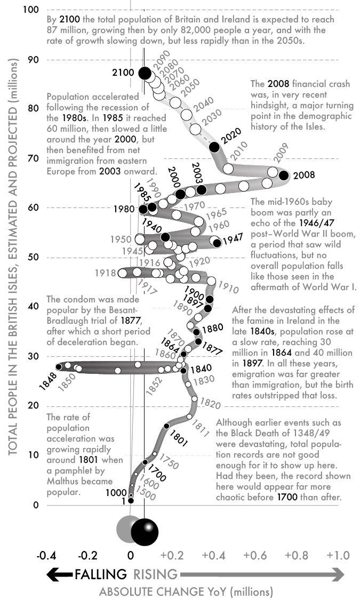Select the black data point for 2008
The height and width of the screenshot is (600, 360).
pyautogui.click(x=284, y=175)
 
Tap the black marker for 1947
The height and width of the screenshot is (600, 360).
pyautogui.click(x=217, y=243)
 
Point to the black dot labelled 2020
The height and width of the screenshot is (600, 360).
pyautogui.click(x=214, y=147)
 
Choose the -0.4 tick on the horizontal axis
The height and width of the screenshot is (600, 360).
pyautogui.click(x=46, y=555)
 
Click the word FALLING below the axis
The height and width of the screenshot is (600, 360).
pyautogui.click(x=101, y=574)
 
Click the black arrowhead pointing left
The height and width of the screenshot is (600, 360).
pyautogui.click(x=53, y=574)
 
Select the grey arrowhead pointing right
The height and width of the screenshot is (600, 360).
pyautogui.click(x=338, y=574)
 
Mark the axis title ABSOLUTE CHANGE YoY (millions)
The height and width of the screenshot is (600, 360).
pyautogui.click(x=186, y=591)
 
